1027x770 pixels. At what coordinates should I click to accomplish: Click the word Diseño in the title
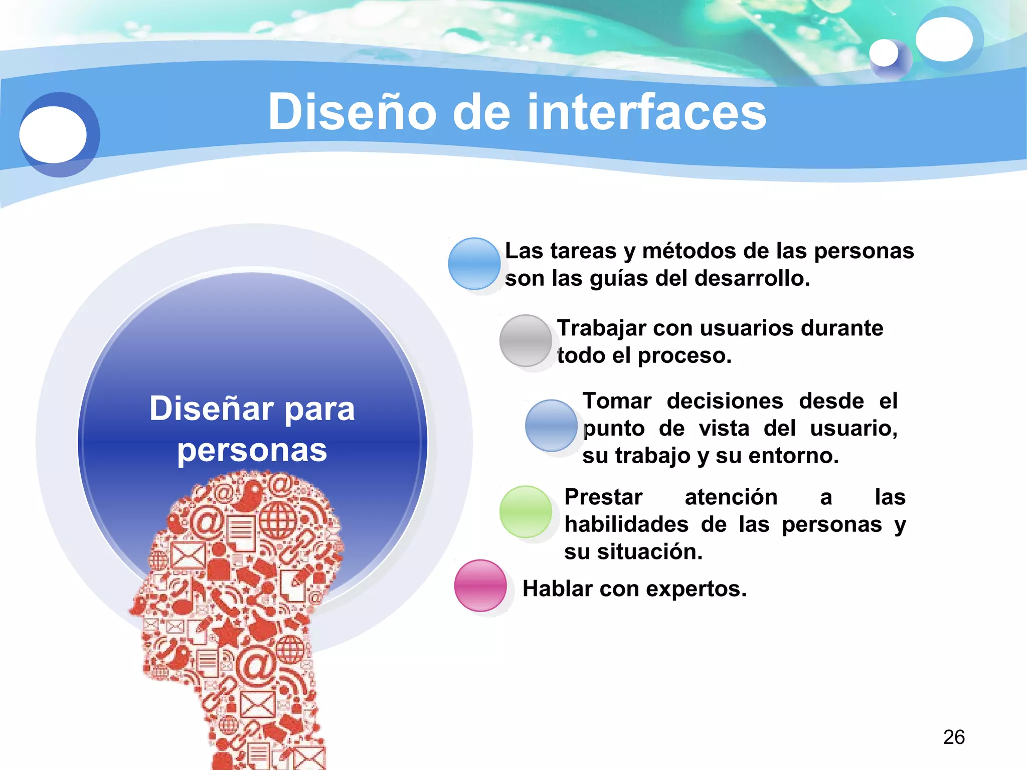tap(352, 112)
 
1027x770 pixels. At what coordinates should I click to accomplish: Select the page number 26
tap(954, 737)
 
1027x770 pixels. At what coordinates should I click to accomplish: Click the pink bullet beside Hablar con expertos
tap(480, 585)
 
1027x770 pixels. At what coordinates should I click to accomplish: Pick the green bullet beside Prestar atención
tap(526, 511)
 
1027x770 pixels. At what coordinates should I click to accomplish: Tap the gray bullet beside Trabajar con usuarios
tap(526, 340)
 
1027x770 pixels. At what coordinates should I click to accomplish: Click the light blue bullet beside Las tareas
tap(474, 263)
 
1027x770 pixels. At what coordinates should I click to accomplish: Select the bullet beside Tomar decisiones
tap(551, 425)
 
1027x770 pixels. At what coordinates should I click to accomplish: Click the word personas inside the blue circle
tap(252, 450)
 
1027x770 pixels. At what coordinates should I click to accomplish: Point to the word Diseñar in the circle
tap(211, 409)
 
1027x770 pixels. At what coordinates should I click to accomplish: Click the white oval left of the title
tap(53, 134)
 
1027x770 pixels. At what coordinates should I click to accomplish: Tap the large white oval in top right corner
tap(944, 39)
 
